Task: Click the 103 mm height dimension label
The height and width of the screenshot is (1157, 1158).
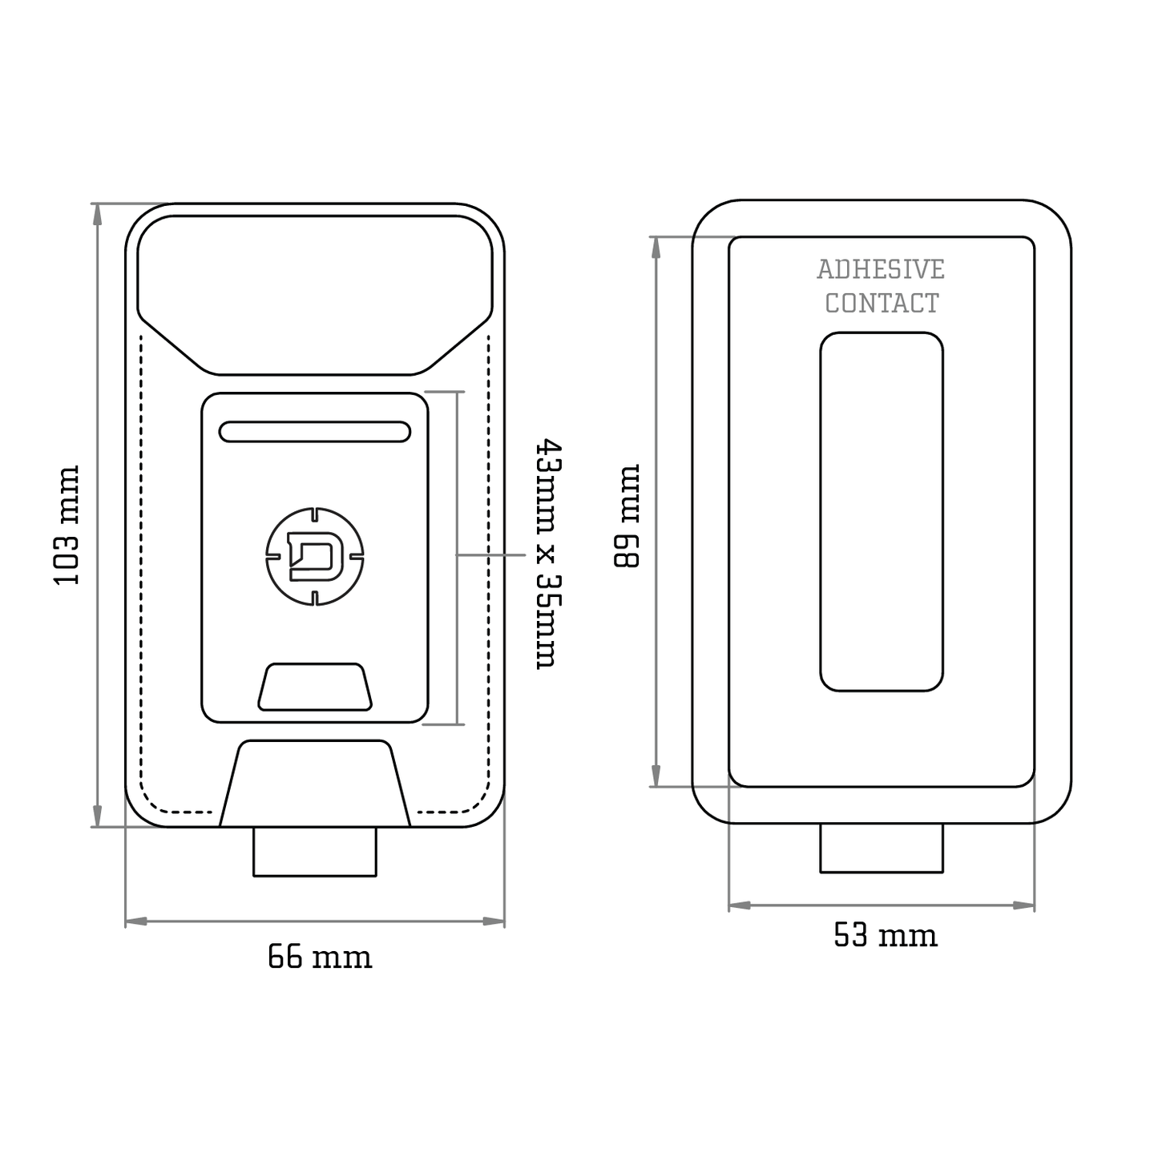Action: tap(67, 525)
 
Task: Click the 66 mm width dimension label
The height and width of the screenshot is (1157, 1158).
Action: tap(320, 957)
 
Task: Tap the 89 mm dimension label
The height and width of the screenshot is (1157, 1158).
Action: tap(627, 516)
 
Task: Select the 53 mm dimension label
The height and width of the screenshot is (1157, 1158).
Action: tap(885, 935)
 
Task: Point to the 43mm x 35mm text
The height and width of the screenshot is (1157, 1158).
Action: tap(548, 553)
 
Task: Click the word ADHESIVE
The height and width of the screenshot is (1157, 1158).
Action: tap(881, 270)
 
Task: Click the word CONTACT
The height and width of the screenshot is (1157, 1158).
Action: tap(882, 304)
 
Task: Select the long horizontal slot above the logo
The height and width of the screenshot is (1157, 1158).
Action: tap(315, 432)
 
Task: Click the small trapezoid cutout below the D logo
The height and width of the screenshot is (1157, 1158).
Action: tap(315, 687)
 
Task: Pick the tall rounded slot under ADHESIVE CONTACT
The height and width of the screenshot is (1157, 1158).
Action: tap(882, 512)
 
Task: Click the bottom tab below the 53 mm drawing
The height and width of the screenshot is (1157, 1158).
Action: tap(882, 849)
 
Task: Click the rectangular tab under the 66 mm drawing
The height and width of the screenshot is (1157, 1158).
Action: tap(315, 853)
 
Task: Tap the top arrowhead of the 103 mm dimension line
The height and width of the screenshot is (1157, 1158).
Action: tap(98, 213)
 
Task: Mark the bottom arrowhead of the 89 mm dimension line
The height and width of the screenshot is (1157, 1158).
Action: tap(656, 777)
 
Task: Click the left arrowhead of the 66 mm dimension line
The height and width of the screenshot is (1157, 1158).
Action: tap(135, 921)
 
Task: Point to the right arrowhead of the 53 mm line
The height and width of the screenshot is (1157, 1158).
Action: tap(1025, 905)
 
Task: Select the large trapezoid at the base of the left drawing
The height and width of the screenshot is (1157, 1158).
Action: tap(315, 784)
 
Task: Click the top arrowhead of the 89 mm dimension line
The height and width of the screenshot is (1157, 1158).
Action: tap(656, 247)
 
